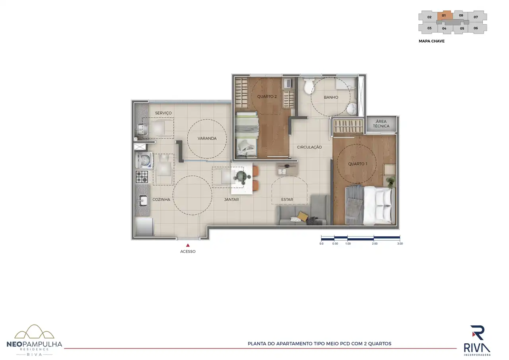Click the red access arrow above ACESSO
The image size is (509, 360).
(188, 245)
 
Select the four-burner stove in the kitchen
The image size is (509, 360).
(142, 177)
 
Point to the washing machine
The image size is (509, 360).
(144, 160)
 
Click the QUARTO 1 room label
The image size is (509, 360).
(357, 164)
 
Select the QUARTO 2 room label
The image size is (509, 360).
(267, 97)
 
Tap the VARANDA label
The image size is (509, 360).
(207, 138)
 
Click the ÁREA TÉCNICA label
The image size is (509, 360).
(381, 124)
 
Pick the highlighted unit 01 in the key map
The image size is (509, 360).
(444, 16)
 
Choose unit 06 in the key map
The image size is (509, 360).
(476, 28)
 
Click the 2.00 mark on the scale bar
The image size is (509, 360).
(375, 243)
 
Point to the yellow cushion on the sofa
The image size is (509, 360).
(303, 216)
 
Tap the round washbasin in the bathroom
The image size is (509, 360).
(352, 109)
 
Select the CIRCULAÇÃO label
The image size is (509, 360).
(309, 147)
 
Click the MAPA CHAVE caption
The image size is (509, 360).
(431, 41)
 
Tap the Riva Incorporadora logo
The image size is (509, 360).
(477, 340)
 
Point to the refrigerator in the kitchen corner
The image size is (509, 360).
(144, 227)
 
